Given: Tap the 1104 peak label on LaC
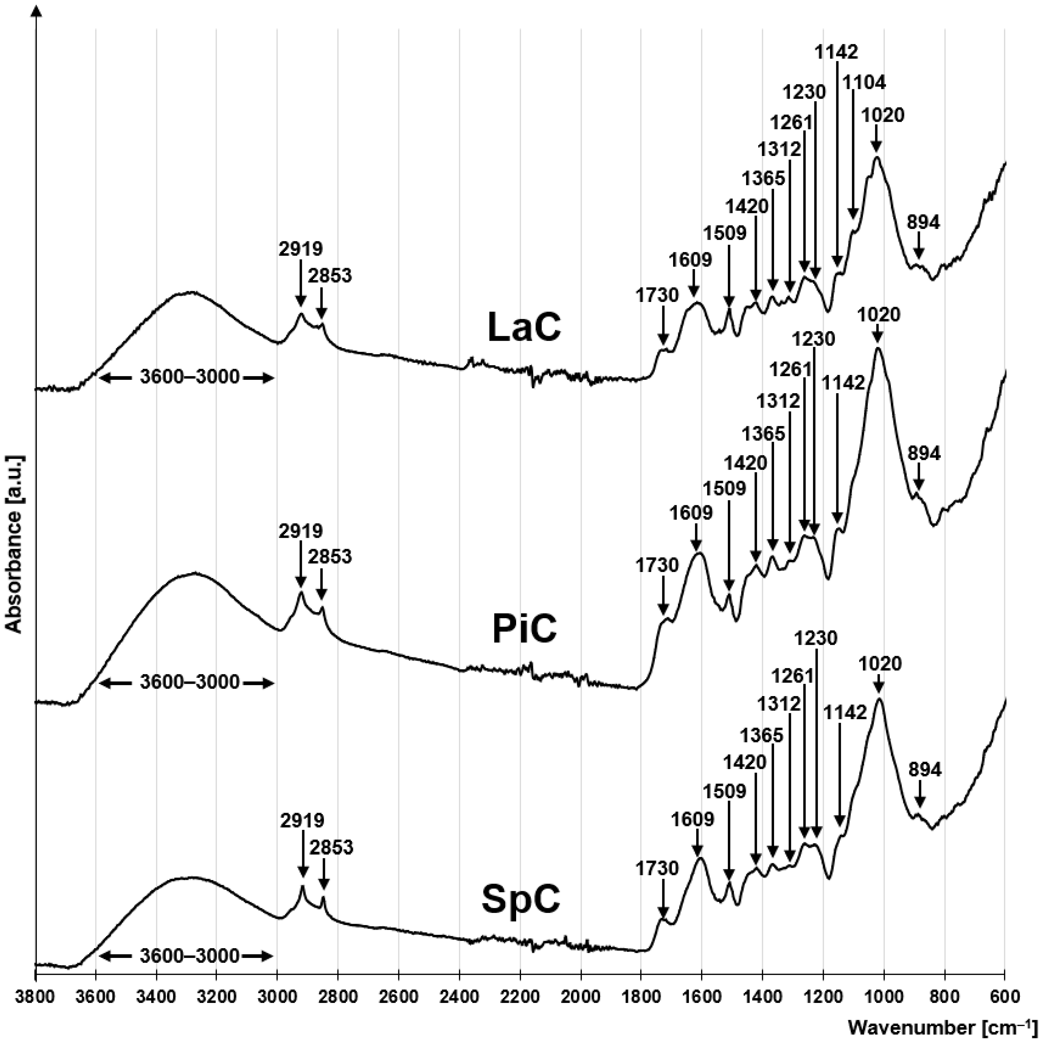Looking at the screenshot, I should pos(864,82).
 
